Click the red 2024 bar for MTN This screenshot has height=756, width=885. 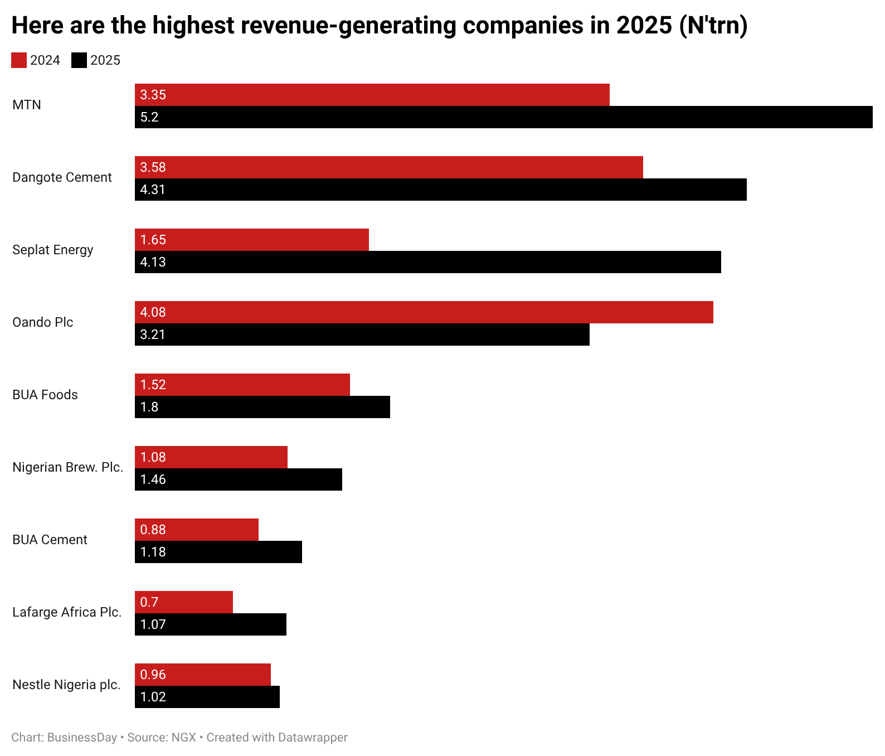pos(372,95)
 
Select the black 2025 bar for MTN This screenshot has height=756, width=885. pos(504,117)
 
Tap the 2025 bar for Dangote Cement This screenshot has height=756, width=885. pos(440,190)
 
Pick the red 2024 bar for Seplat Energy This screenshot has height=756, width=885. pos(252,240)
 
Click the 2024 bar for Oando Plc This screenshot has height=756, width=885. pos(424,312)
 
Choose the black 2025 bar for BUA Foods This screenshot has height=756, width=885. pos(262,407)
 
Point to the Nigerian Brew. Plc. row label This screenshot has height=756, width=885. pos(67,467)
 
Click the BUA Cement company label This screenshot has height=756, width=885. pos(50,540)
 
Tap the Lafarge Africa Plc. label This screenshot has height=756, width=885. pos(67,612)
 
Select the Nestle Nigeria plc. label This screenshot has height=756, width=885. pos(66,685)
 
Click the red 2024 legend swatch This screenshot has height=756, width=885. pos(19,60)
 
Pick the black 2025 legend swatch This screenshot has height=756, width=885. pos(79,60)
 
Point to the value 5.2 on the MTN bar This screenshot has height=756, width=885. pos(149,117)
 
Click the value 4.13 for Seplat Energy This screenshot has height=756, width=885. pos(153,262)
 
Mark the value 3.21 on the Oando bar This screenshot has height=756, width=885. pos(153,335)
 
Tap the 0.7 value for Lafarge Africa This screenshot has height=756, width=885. pos(149,602)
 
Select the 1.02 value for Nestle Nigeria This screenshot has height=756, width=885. pos(153,697)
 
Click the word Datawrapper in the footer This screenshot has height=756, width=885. pos(313,738)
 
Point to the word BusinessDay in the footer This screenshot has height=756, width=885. pos(82,738)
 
